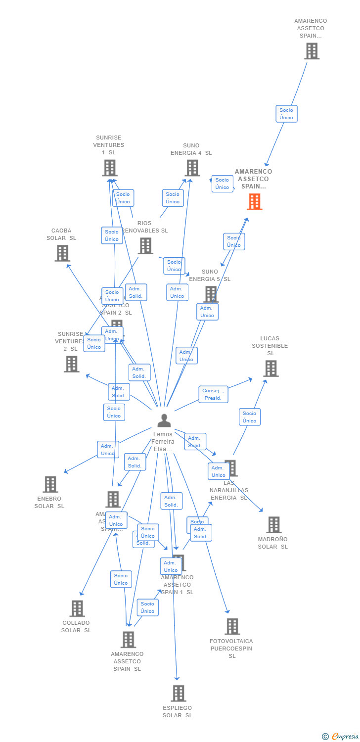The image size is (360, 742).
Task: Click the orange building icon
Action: point(255,202)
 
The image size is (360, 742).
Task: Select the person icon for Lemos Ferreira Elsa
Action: point(164,420)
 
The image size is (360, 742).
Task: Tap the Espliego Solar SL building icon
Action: point(179,693)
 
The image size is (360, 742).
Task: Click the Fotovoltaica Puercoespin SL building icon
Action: point(232,626)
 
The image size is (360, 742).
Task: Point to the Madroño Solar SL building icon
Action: point(273,525)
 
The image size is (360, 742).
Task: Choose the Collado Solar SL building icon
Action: point(77,608)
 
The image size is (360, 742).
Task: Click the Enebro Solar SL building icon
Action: point(50,484)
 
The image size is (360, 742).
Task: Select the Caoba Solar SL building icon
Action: point(62,253)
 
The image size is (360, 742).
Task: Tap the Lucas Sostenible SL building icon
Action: point(270,369)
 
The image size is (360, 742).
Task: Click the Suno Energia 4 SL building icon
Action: point(192,168)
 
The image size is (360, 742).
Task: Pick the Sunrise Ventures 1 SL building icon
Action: point(109,168)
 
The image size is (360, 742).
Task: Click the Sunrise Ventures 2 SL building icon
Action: point(72,364)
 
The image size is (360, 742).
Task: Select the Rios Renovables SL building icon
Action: point(145,246)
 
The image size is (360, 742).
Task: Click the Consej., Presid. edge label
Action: point(213,394)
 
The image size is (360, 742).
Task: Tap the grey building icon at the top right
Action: point(312,51)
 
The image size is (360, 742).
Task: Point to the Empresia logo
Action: point(341,737)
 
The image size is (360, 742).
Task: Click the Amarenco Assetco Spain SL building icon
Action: point(128,640)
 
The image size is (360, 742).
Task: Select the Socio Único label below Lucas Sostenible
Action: point(249,417)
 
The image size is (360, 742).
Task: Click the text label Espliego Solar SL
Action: point(178,712)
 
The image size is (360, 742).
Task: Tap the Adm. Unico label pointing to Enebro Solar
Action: point(107,450)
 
